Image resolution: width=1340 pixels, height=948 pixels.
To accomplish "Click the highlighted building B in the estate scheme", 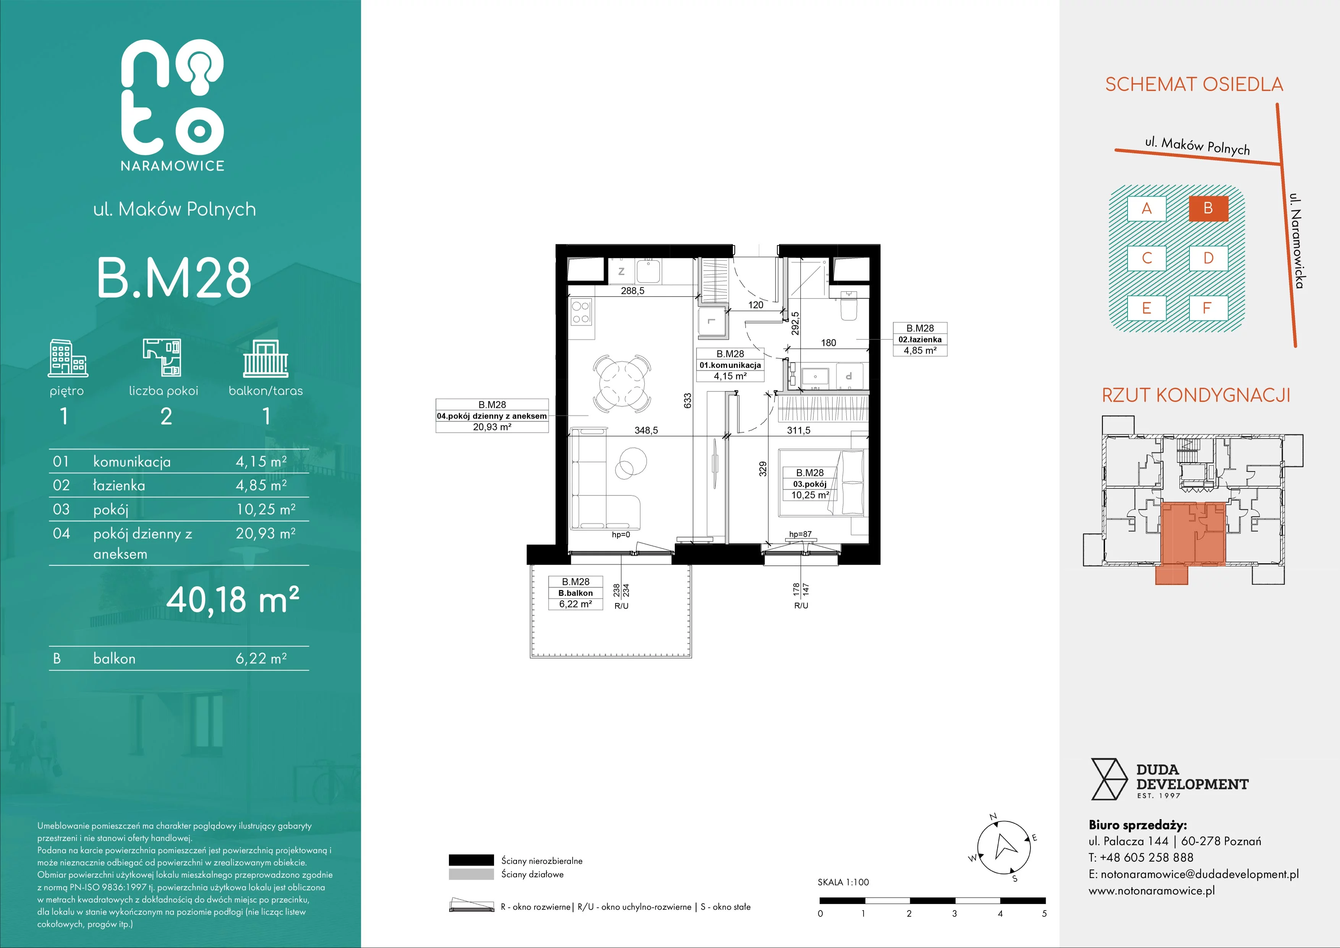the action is pos(1208,208).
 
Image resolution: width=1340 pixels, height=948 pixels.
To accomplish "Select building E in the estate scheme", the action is pos(1146,308).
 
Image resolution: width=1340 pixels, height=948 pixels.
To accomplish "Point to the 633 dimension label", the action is pos(687,401).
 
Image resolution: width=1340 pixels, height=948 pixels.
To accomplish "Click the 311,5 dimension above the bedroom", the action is pos(799,430).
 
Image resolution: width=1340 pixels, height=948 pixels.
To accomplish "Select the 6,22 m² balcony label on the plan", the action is pos(575,604).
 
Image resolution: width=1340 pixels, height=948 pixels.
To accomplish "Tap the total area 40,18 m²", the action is pos(233,599).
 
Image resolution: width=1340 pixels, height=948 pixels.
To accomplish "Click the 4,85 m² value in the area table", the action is pos(261,485).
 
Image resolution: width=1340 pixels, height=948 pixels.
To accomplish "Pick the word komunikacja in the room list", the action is pos(132,462).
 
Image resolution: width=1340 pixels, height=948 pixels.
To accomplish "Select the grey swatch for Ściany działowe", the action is pos(471,874).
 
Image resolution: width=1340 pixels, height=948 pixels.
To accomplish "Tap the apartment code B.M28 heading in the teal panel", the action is pos(174,278).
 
